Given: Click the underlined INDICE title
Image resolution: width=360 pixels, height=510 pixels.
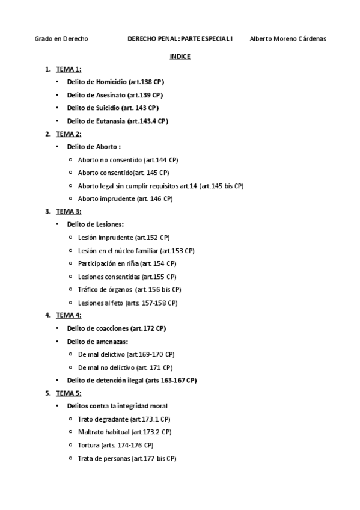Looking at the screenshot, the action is pyautogui.click(x=180, y=57).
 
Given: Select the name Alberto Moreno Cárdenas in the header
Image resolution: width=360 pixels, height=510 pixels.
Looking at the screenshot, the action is pyautogui.click(x=288, y=39).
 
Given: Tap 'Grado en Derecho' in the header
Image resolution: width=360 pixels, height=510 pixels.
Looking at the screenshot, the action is pyautogui.click(x=61, y=39).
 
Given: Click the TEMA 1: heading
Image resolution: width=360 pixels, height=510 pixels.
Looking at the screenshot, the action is pyautogui.click(x=69, y=69).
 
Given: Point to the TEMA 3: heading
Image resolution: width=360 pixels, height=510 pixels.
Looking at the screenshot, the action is pyautogui.click(x=69, y=211).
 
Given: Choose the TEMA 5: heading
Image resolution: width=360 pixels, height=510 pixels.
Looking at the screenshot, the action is pyautogui.click(x=69, y=393).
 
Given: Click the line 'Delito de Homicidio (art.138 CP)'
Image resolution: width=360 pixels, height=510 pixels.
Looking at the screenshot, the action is pyautogui.click(x=115, y=82).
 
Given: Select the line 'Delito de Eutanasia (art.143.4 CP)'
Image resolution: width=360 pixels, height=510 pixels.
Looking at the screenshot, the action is pyautogui.click(x=117, y=121).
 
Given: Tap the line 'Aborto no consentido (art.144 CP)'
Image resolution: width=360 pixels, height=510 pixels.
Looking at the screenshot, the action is pyautogui.click(x=128, y=160).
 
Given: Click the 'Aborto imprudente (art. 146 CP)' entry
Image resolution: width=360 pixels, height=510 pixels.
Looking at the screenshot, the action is pyautogui.click(x=125, y=198).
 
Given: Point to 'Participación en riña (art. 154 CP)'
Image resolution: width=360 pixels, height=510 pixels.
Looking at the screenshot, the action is pyautogui.click(x=127, y=263).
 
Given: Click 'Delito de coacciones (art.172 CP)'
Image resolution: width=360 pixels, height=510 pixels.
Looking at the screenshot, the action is pyautogui.click(x=116, y=328).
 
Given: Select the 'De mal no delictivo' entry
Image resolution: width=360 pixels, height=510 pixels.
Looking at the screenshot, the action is pyautogui.click(x=125, y=367).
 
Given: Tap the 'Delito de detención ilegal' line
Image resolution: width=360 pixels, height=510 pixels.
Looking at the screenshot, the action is pyautogui.click(x=132, y=380).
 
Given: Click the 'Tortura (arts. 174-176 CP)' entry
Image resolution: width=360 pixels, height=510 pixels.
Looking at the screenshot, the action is pyautogui.click(x=115, y=445).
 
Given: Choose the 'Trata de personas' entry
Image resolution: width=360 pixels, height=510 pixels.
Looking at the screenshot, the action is pyautogui.click(x=127, y=458).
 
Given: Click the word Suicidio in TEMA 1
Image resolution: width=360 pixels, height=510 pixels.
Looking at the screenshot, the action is pyautogui.click(x=106, y=108).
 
